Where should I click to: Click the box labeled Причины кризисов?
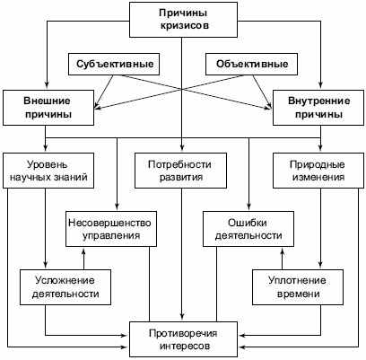coord(183,20)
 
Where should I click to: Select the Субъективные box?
coord(114,64)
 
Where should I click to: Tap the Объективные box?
coord(251,64)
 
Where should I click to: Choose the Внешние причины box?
coord(48,108)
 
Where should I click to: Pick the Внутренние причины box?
coord(318,108)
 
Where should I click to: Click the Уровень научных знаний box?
coord(48,171)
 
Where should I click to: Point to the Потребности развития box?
coord(180,171)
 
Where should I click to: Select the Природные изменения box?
coord(318,171)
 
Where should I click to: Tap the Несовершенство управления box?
coord(111,229)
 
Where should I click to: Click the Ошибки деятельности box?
coord(248,229)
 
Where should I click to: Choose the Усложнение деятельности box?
coord(65,287)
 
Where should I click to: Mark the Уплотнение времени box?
coord(298,287)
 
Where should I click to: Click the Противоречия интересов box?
coord(183,339)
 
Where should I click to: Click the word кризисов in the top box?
coord(184,26)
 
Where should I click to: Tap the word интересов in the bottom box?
coord(185,347)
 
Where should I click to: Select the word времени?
coord(299,294)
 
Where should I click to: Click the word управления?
coord(111,236)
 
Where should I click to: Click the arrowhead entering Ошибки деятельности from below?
coord(283,250)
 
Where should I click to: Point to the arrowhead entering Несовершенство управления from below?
coord(83,250)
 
